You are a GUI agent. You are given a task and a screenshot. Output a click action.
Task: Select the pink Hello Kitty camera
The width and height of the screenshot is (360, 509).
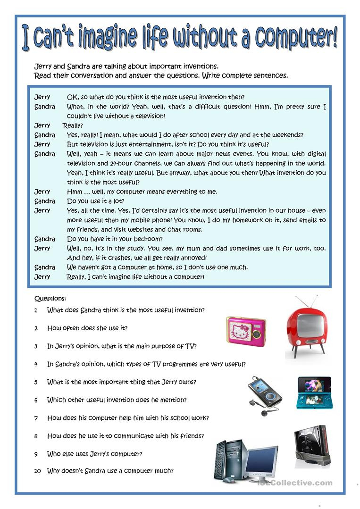point(246,331)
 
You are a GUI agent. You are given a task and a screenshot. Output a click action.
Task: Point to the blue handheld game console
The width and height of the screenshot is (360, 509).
point(314,392)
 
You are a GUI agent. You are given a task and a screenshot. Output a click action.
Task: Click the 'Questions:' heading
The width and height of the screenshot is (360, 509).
point(50,299)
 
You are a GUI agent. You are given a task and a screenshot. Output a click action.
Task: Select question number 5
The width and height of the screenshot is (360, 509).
point(36,382)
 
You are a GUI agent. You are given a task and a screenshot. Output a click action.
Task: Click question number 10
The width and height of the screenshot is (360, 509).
point(37,471)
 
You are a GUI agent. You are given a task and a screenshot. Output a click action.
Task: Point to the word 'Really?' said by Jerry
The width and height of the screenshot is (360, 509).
point(73,125)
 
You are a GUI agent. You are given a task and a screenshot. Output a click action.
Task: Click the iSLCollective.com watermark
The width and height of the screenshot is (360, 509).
point(295,483)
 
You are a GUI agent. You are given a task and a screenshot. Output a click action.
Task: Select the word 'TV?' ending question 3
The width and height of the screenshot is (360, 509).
point(190,346)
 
